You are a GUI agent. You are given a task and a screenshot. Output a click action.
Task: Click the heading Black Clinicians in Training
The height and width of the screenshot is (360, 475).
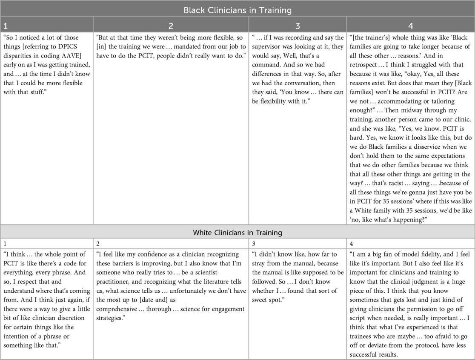click(237, 10)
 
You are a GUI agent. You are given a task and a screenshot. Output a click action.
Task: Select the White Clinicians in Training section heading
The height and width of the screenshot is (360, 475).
click(237, 232)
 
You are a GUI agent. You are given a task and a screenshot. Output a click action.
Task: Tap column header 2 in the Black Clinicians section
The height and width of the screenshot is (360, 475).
click(171, 26)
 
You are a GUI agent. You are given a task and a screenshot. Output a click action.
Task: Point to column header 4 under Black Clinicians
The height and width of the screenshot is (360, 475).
click(410, 26)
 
